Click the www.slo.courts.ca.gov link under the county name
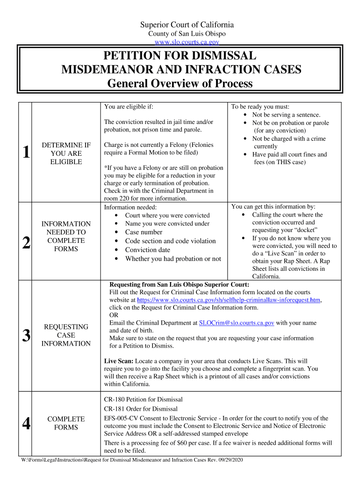180,42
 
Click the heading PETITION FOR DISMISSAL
180,56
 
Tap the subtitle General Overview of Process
180,84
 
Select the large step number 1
27,152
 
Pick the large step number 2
27,242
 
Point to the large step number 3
27,335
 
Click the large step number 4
27,424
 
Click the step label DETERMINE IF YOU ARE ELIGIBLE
66,153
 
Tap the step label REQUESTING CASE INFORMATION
66,335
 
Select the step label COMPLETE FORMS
66,423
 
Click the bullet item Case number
144,232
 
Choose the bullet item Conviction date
147,250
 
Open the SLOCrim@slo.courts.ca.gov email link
237,323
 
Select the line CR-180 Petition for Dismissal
143,399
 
